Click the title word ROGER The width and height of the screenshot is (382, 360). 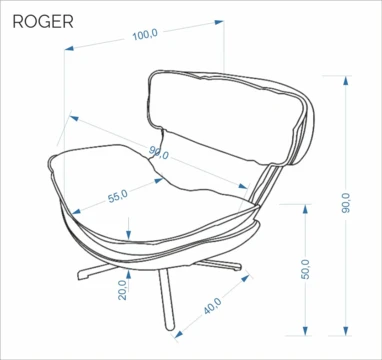43,22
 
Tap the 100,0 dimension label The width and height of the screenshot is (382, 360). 145,34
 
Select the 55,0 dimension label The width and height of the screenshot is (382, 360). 118,196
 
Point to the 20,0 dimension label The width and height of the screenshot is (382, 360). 122,290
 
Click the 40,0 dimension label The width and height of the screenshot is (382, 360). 213,306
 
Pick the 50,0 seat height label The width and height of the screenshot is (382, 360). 306,269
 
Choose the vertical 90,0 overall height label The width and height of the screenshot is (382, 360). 346,203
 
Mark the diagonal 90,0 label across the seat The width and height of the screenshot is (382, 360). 159,152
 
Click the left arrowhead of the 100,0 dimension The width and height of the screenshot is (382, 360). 69,48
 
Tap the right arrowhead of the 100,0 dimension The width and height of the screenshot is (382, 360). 219,22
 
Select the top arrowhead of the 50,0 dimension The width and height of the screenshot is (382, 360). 305,209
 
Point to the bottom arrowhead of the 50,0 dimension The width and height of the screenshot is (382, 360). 305,331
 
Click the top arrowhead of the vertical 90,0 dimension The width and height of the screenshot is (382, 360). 346,81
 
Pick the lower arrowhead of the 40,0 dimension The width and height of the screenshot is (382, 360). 179,334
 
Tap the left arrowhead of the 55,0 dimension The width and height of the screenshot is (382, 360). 76,211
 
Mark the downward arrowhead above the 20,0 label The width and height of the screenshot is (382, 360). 129,235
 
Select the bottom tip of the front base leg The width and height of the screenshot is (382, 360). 170,329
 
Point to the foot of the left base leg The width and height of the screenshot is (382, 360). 81,276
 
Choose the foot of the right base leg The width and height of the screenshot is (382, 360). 237,267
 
